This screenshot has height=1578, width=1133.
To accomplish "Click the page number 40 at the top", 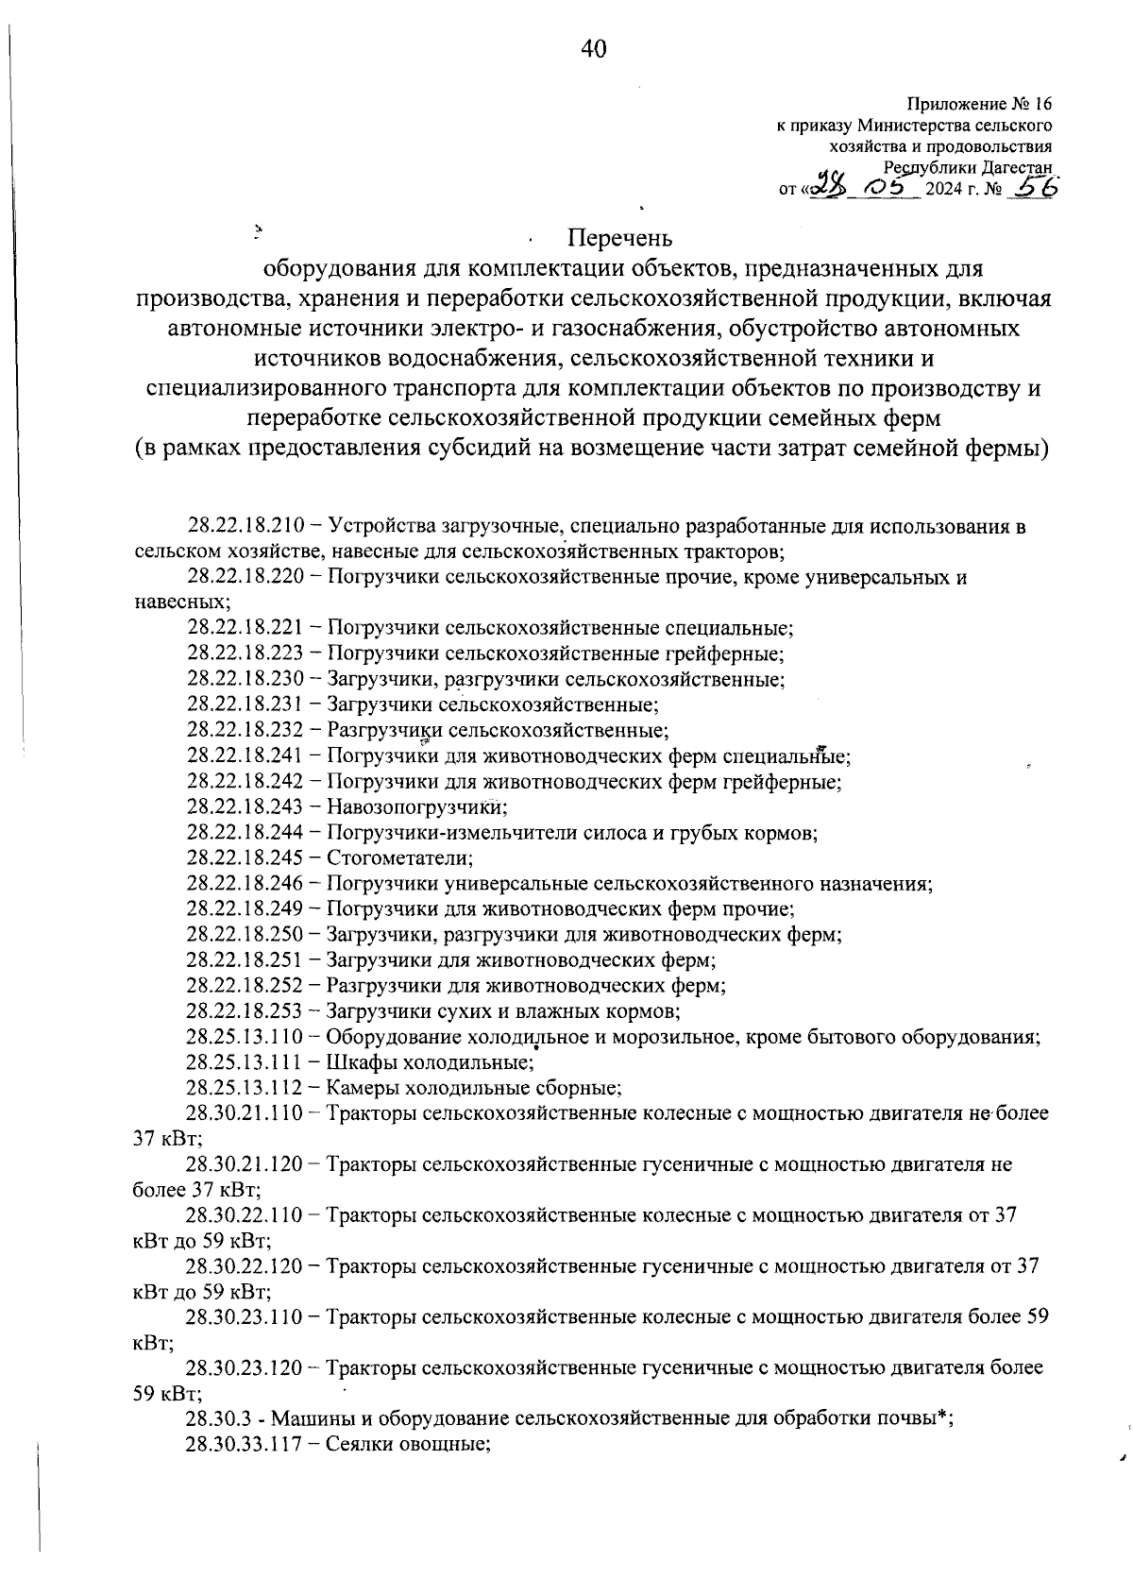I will [594, 49].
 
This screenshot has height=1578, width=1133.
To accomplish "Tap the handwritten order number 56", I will [1031, 188].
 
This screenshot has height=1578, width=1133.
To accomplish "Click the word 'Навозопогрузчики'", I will [416, 806].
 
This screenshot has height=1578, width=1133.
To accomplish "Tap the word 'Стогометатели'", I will [398, 857].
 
